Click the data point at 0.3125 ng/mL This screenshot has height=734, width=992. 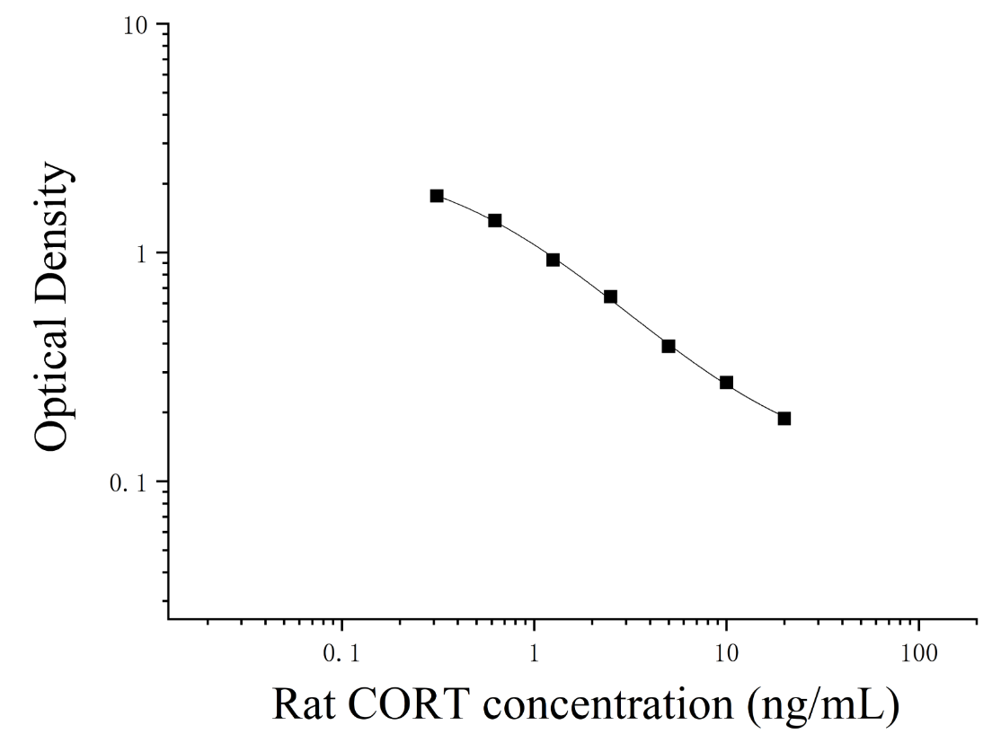pos(437,196)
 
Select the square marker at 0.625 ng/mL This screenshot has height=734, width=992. pos(495,220)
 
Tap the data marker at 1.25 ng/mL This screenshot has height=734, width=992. pos(553,260)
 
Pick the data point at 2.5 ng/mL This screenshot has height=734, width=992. pos(610,296)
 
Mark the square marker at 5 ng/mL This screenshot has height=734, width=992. pos(669,346)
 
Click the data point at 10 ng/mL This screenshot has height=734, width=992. pos(726,382)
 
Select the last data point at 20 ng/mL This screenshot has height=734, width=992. pos(784,419)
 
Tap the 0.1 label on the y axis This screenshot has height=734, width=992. pos(128,484)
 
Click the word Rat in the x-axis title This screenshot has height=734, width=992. pos(303,704)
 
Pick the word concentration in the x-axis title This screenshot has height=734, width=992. pos(608,704)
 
